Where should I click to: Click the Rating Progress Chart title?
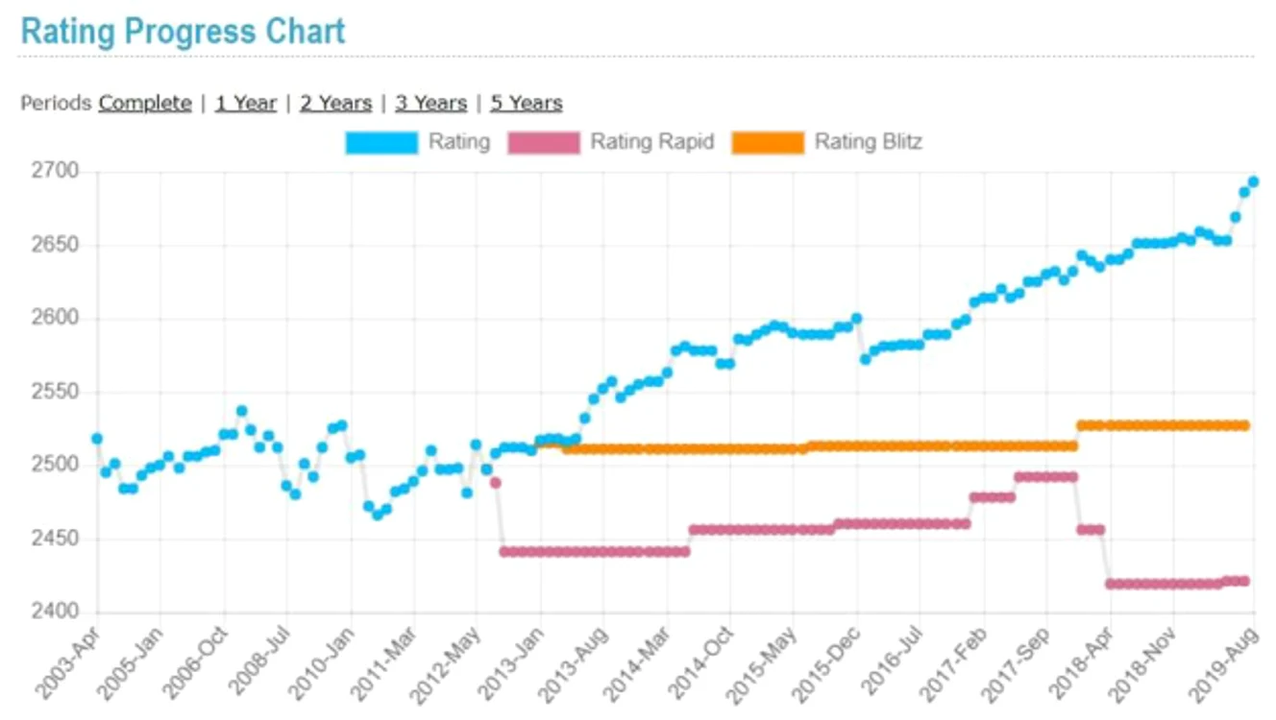click(183, 32)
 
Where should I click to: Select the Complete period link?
click(145, 103)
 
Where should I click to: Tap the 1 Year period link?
click(246, 103)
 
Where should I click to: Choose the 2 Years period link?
click(335, 103)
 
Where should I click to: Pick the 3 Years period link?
click(431, 103)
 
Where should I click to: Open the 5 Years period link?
click(527, 103)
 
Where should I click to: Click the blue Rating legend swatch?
click(381, 142)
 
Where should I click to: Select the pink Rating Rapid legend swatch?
click(544, 142)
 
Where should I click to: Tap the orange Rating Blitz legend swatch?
click(768, 142)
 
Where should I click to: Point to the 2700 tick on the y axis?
click(55, 170)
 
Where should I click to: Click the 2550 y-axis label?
click(55, 392)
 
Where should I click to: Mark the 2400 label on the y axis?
click(55, 612)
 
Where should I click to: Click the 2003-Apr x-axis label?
click(66, 664)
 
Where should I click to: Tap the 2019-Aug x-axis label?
click(1223, 664)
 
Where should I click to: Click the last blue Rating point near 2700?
click(1253, 182)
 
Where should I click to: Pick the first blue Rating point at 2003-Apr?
click(97, 439)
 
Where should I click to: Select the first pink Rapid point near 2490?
click(496, 483)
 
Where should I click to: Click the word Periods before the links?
click(56, 103)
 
